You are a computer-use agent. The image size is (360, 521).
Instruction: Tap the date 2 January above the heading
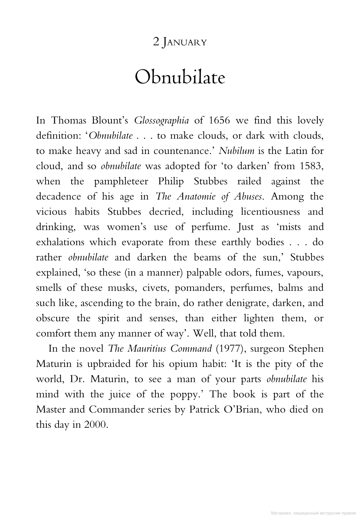pyautogui.click(x=180, y=42)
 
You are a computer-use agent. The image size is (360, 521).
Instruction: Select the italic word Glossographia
pyautogui.click(x=161, y=120)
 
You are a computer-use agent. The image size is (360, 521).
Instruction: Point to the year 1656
pyautogui.click(x=219, y=120)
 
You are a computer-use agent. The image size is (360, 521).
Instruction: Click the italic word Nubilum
pyautogui.click(x=237, y=151)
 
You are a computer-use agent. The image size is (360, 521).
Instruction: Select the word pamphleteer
pyautogui.click(x=121, y=181)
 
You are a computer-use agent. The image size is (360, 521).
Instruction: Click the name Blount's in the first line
pyautogui.click(x=110, y=120)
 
